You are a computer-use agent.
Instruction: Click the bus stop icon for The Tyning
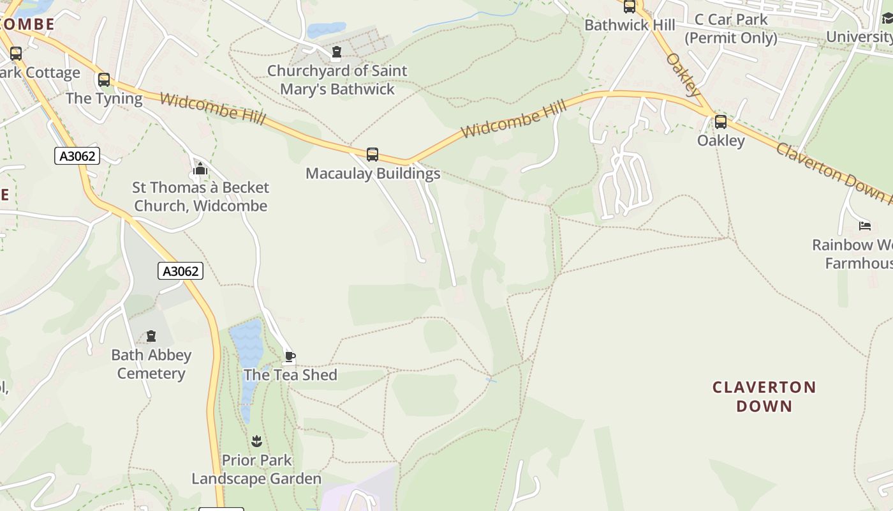click(x=103, y=80)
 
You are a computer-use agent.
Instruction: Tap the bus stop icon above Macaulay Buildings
click(x=372, y=154)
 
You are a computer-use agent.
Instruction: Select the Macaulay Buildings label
click(x=373, y=173)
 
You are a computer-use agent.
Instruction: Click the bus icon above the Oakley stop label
click(x=720, y=121)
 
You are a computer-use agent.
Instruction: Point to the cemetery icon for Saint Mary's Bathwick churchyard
click(x=337, y=52)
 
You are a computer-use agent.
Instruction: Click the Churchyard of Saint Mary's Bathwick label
click(x=337, y=80)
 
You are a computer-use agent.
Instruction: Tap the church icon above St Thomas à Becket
click(x=200, y=169)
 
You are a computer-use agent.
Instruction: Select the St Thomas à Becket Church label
click(x=200, y=197)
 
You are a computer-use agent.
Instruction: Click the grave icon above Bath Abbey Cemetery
click(x=151, y=336)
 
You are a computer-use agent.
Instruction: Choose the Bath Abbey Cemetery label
click(x=151, y=364)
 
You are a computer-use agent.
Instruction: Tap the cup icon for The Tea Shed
click(x=290, y=356)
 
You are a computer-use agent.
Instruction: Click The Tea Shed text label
click(x=290, y=375)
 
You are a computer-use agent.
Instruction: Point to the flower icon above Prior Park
click(x=256, y=441)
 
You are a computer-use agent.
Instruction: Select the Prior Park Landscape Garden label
click(x=256, y=469)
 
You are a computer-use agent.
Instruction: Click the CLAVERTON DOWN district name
click(x=764, y=397)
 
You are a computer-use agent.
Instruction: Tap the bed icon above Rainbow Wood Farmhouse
click(x=865, y=225)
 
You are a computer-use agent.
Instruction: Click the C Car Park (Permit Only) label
click(x=731, y=29)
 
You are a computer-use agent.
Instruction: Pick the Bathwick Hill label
click(x=630, y=25)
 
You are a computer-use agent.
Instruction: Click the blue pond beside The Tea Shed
click(x=246, y=345)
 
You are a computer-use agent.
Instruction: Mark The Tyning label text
click(x=104, y=98)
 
